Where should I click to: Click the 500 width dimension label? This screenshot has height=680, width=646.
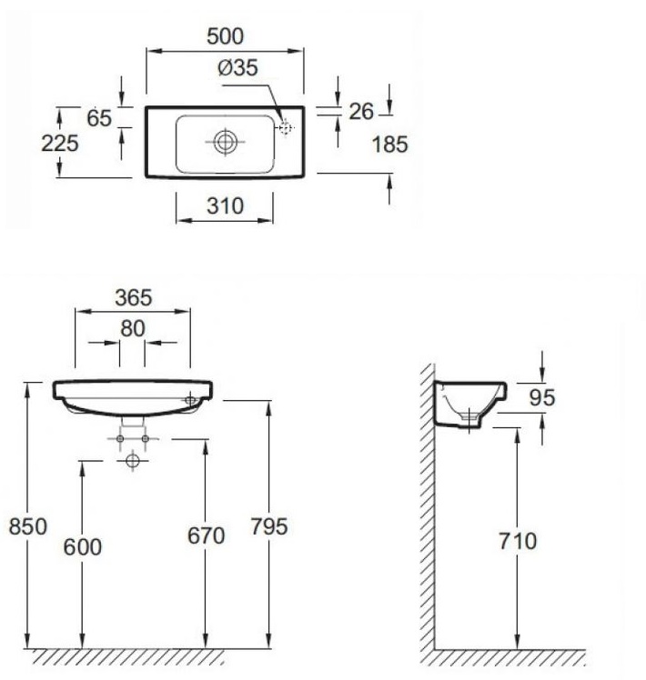point(225,36)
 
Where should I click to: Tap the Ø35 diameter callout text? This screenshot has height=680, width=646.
point(237,67)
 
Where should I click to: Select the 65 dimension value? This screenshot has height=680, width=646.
point(99,118)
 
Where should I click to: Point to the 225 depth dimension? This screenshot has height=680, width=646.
point(60,143)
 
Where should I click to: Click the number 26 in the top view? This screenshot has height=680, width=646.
point(361,112)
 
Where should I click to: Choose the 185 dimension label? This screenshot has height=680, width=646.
point(389,145)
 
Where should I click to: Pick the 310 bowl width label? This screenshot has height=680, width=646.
point(225,206)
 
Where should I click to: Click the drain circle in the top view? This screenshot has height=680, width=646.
point(226,142)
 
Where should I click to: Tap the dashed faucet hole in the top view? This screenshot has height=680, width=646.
point(285,128)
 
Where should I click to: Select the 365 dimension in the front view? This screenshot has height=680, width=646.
point(133,298)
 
